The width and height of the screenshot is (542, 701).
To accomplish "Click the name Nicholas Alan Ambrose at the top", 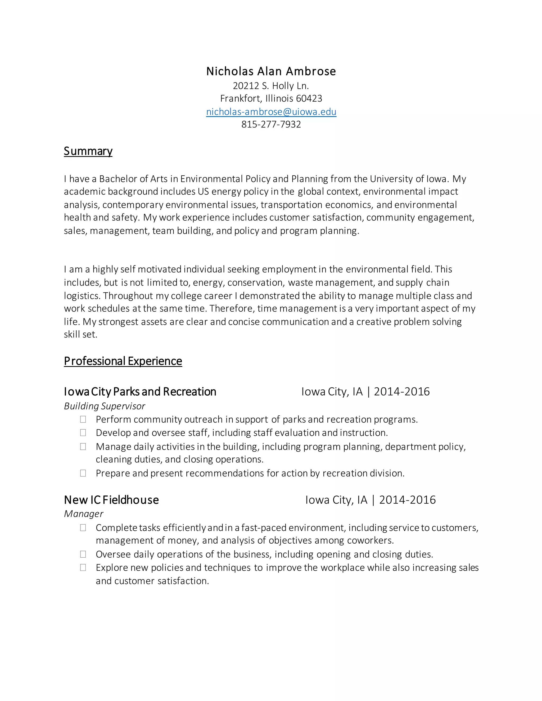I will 271,71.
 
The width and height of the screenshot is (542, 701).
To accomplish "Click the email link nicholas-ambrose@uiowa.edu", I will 271,112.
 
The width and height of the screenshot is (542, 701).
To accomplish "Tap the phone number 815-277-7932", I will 271,124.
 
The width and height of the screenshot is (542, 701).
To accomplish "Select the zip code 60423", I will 309,98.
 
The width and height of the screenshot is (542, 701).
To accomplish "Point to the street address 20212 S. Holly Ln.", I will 271,86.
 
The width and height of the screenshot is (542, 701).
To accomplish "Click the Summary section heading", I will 88,151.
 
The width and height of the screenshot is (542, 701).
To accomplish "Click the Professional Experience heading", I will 123,361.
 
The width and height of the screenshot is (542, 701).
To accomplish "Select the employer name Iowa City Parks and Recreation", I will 140,392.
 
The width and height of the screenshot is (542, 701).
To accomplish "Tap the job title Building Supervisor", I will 104,406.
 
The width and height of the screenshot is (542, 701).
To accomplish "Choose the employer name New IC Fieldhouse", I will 111,500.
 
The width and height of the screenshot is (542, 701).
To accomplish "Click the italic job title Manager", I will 83,514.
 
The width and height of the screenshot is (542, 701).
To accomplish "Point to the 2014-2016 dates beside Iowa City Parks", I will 402,392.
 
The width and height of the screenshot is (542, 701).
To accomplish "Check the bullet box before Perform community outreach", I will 83,419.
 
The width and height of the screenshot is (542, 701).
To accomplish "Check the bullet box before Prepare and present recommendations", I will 83,473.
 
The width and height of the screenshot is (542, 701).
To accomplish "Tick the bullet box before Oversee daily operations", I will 83,554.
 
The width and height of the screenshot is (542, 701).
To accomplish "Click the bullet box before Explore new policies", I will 83,567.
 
